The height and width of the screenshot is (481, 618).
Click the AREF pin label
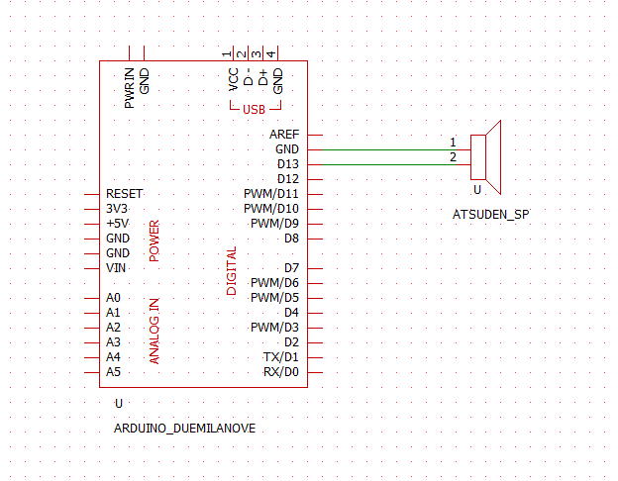tap(283, 134)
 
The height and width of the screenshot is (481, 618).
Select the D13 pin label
tap(287, 163)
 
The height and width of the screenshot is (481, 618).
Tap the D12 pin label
tap(287, 178)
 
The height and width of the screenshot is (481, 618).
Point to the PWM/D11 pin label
tap(270, 193)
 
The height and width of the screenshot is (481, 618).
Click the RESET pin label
tap(124, 193)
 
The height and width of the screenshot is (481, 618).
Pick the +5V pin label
tap(116, 224)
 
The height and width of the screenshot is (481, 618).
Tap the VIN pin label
tap(115, 268)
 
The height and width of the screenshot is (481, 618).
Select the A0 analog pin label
tap(113, 297)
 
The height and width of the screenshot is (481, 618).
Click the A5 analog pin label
tap(113, 371)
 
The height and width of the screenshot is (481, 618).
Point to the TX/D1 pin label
tap(280, 356)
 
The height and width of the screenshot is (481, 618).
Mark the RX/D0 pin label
tap(280, 371)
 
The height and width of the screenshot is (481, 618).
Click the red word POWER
tap(154, 240)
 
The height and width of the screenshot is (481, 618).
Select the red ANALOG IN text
tap(154, 331)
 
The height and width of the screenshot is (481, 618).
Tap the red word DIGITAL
tap(232, 270)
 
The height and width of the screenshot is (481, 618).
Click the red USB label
tap(254, 109)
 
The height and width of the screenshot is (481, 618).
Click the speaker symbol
tap(487, 157)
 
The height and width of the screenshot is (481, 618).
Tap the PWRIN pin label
tap(130, 87)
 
